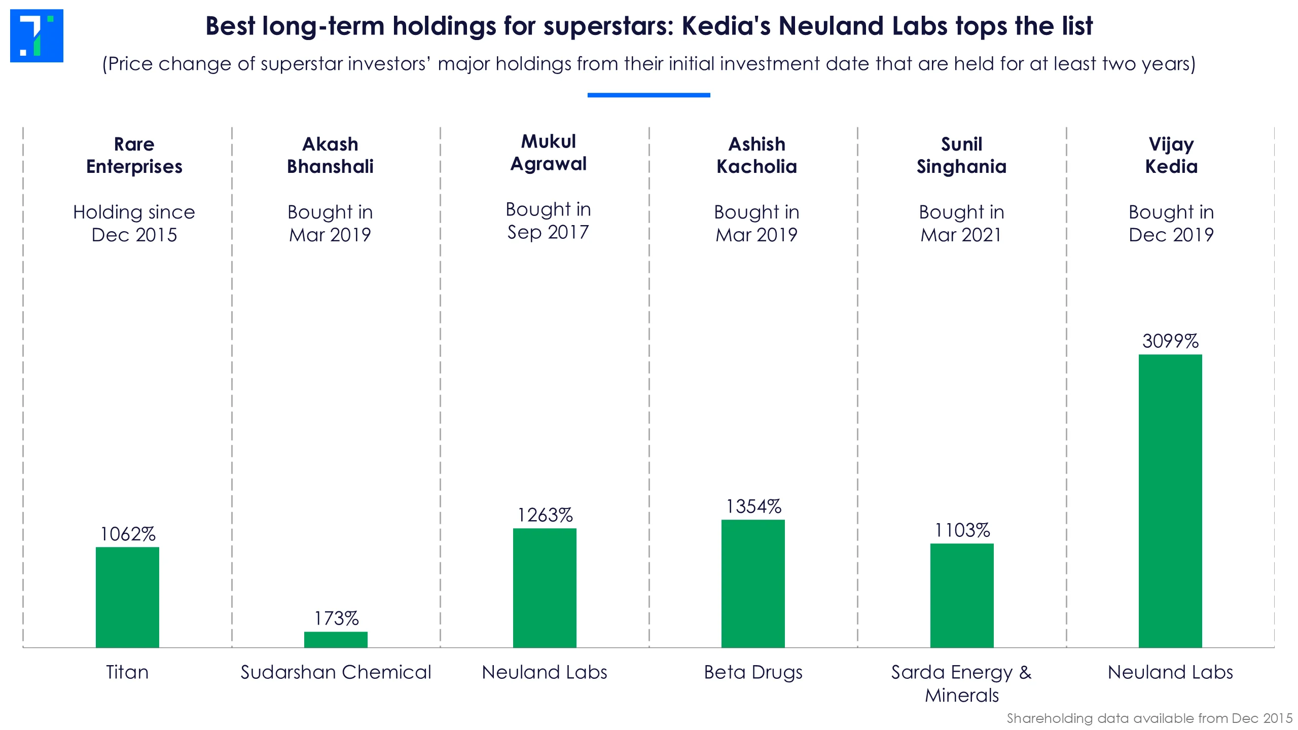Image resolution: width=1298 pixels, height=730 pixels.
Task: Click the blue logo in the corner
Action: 37,35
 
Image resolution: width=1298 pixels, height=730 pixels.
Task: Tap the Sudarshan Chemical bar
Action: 336,639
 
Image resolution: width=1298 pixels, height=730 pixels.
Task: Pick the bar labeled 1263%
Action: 545,588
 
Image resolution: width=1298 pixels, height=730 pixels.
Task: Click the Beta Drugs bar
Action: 753,583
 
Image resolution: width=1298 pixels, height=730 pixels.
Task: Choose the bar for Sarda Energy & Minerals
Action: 962,595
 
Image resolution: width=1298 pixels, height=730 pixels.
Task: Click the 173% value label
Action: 336,618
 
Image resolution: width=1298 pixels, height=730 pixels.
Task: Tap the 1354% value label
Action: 753,506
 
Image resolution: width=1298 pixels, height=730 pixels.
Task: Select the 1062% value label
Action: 128,534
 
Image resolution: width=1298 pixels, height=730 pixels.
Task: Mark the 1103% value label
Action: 962,530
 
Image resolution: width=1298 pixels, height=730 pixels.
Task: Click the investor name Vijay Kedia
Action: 1171,155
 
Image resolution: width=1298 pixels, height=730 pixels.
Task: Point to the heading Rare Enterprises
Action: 134,155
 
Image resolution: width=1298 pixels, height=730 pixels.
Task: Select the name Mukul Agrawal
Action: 548,153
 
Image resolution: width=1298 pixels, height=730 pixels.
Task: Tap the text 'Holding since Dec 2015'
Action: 134,223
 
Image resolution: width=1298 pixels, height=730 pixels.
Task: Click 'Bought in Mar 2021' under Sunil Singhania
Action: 961,223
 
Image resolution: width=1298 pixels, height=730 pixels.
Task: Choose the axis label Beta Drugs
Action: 753,672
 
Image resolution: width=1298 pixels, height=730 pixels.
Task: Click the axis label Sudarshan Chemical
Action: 336,672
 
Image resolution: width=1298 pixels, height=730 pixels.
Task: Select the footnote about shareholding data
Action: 1149,718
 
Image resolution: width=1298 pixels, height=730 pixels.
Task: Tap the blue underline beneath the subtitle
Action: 648,95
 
